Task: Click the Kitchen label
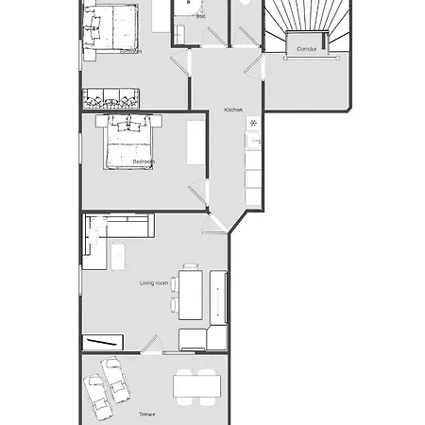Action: pyautogui.click(x=233, y=110)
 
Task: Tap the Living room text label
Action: pyautogui.click(x=154, y=283)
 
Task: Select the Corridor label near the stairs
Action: pyautogui.click(x=306, y=47)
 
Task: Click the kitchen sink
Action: pyautogui.click(x=253, y=141)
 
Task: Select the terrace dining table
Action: pyautogui.click(x=196, y=385)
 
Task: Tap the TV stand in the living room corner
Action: pyautogui.click(x=101, y=342)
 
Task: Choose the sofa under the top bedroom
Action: pyautogui.click(x=110, y=97)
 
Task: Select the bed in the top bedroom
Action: pyautogui.click(x=110, y=25)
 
